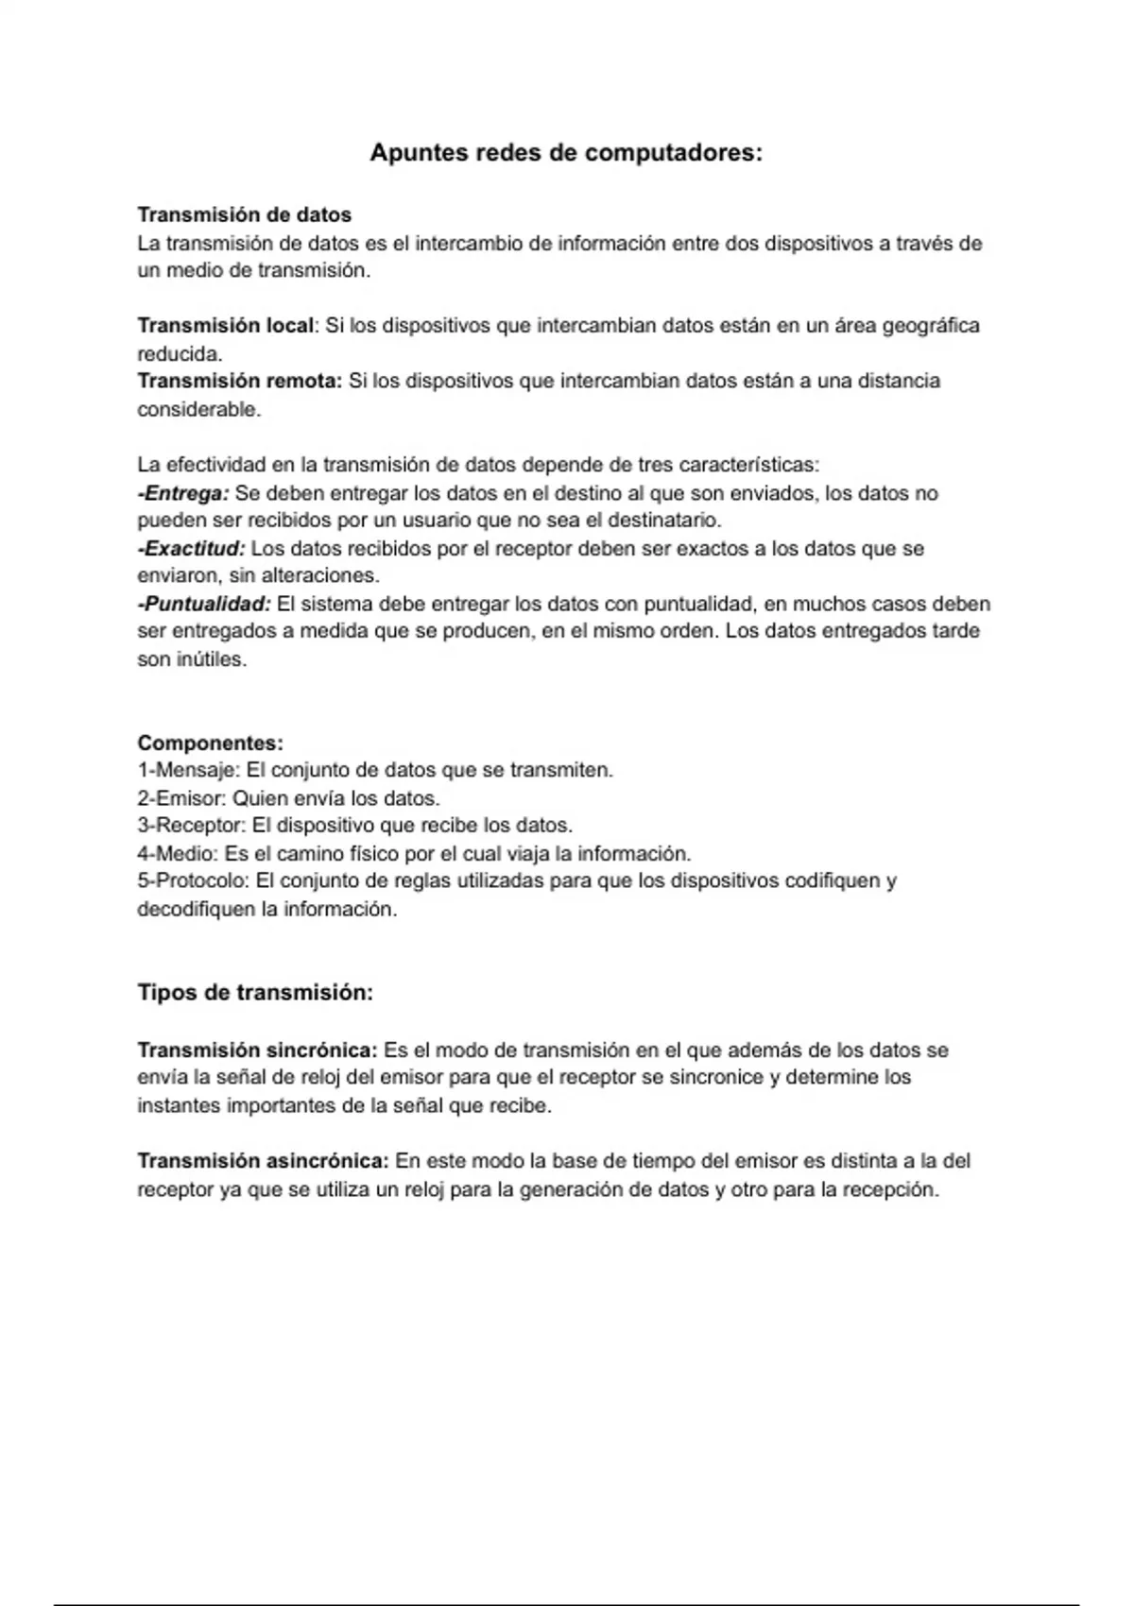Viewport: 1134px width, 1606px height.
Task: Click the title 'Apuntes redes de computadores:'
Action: pos(565,153)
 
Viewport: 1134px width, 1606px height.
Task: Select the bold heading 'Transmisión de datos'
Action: pos(245,215)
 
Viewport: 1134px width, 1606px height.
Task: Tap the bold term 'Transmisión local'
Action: pos(225,326)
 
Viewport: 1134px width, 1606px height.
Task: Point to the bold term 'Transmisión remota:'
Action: pos(240,381)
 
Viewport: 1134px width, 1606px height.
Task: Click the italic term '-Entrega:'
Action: pos(183,493)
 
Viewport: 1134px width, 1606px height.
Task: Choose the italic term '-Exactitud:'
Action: pos(191,549)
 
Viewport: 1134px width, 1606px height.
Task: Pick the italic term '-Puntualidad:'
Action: pos(204,604)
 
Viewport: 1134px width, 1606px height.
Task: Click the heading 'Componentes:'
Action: pos(211,743)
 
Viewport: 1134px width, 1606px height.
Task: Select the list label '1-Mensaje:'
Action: pos(189,771)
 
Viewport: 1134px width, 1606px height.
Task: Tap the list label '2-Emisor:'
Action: pos(182,798)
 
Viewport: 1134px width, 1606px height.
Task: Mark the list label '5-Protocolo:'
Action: pos(194,881)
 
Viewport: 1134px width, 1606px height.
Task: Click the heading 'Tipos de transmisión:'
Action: pos(255,993)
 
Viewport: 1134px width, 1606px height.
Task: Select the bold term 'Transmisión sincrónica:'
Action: pos(257,1051)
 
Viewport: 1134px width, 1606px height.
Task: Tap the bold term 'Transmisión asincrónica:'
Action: pos(263,1161)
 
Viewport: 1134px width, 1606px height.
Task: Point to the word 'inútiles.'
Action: pos(192,659)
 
